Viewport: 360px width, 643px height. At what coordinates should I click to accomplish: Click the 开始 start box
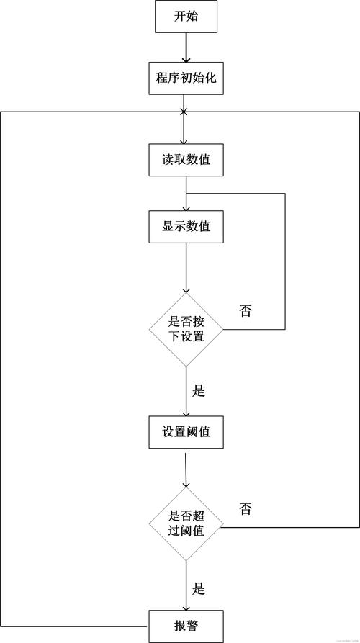click(185, 17)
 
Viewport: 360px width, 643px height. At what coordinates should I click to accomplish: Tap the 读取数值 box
click(185, 160)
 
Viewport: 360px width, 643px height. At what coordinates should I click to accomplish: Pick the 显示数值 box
click(185, 226)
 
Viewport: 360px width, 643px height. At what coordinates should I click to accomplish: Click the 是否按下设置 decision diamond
click(186, 331)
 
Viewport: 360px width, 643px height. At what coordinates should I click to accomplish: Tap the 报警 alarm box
click(185, 625)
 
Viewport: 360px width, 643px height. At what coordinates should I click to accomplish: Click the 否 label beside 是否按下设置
click(246, 311)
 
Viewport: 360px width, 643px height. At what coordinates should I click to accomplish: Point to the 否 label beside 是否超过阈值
click(246, 509)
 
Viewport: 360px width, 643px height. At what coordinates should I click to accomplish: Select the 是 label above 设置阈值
click(199, 392)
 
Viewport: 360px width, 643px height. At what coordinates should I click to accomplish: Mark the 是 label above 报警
click(199, 588)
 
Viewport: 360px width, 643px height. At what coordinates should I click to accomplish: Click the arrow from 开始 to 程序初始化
click(185, 48)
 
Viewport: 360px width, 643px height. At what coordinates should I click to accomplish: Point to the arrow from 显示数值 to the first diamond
click(186, 266)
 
